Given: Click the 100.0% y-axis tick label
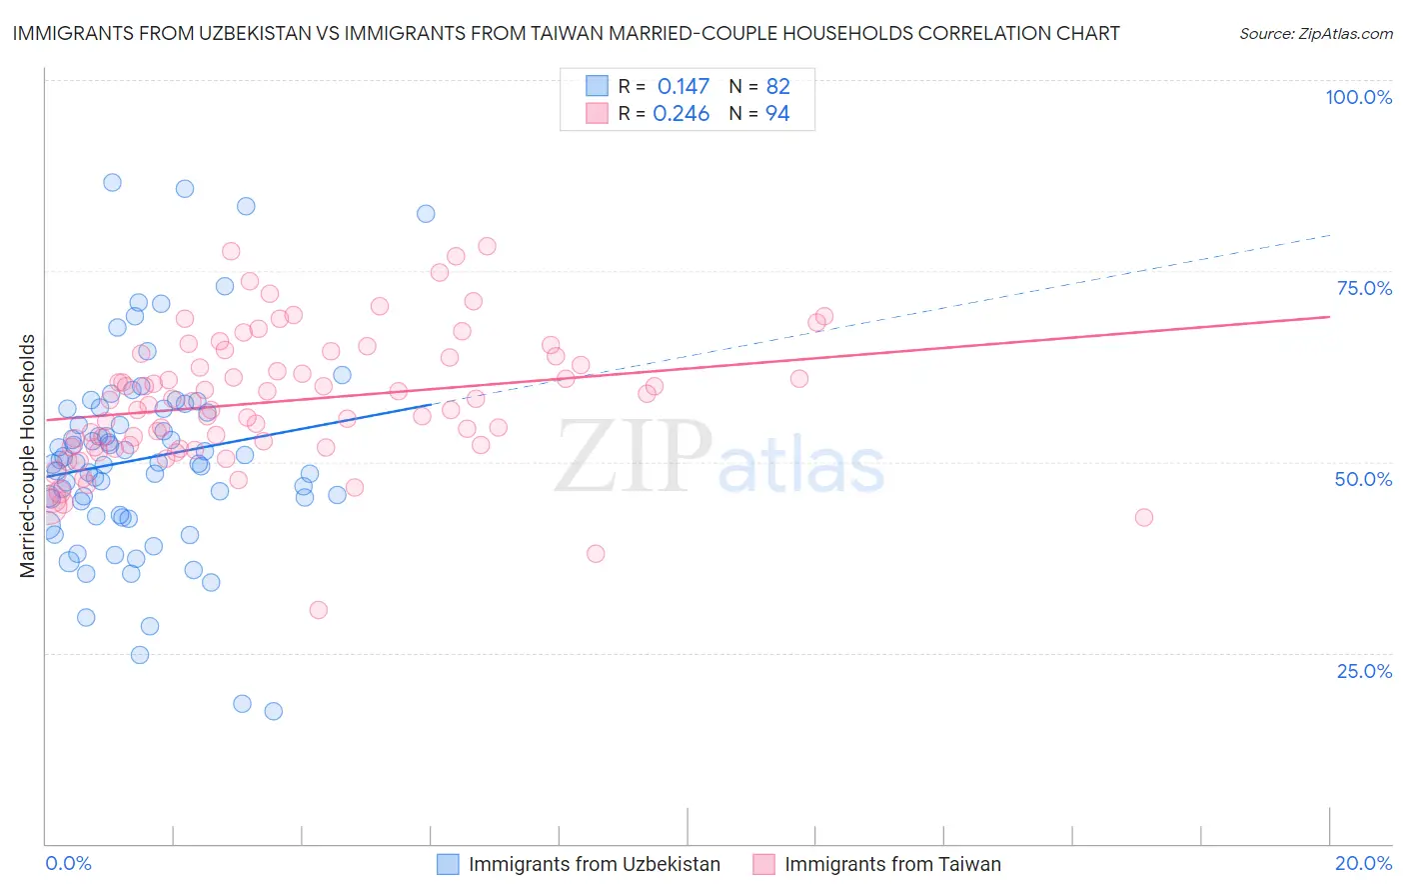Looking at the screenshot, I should [x=1358, y=97].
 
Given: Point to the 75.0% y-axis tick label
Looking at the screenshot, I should [x=1364, y=288].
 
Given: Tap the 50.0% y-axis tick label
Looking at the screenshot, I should [x=1363, y=479].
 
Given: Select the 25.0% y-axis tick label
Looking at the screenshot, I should [x=1364, y=670].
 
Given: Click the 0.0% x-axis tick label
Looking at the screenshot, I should [x=68, y=863].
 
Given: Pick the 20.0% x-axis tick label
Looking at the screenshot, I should [x=1363, y=863].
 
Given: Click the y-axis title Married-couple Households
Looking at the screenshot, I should [x=28, y=456].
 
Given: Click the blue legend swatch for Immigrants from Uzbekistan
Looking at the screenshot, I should [x=449, y=864].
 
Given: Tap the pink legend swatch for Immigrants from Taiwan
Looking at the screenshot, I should [x=764, y=864].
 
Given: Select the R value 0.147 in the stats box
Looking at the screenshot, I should [x=683, y=87].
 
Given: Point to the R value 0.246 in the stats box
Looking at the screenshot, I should [x=681, y=114].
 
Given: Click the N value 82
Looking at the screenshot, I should [x=777, y=87].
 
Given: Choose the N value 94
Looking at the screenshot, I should [x=777, y=114].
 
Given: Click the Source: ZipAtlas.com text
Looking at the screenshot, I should [x=1315, y=34].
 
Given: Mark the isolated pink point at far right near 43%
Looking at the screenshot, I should [x=1144, y=517].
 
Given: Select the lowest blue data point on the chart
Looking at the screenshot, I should [x=273, y=711].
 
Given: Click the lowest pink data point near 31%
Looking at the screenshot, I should [x=319, y=610].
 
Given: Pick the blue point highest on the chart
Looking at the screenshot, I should [x=113, y=182].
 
